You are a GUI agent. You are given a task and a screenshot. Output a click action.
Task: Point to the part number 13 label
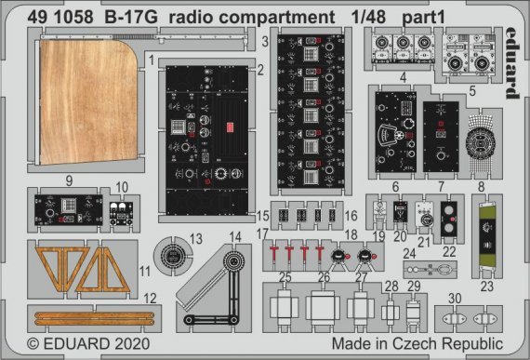pyautogui.click(x=195, y=239)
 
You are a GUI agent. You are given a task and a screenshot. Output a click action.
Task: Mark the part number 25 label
pyautogui.click(x=286, y=277)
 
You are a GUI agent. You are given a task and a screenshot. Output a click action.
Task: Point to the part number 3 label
pyautogui.click(x=265, y=42)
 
